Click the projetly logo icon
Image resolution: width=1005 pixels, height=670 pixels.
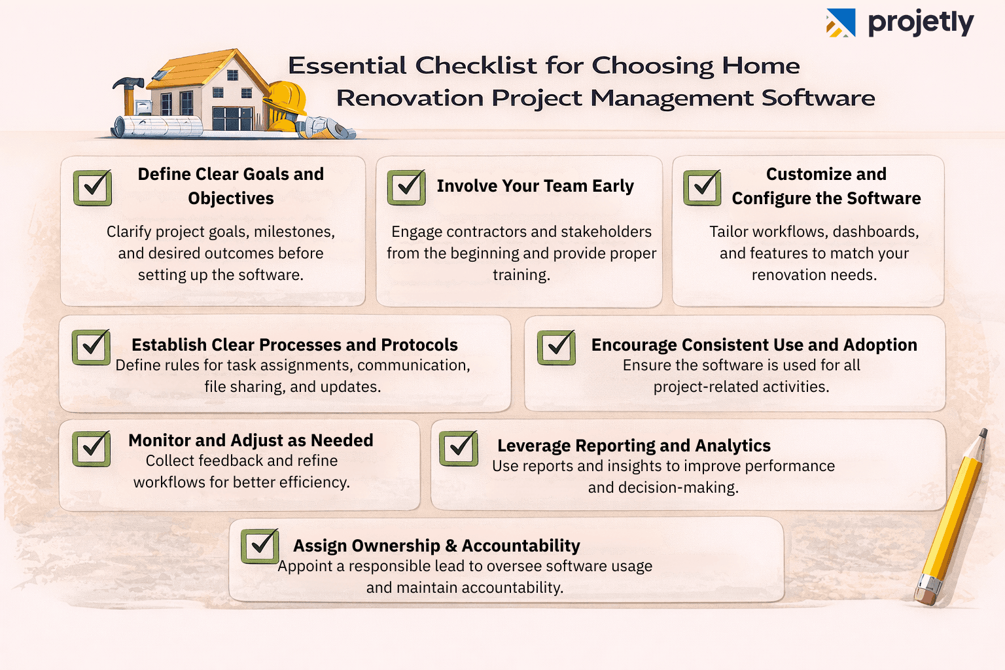841,23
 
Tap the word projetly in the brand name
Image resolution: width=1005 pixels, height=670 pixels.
921,23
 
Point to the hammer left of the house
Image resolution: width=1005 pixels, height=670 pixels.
129,88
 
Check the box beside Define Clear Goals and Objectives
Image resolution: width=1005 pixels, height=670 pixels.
92,188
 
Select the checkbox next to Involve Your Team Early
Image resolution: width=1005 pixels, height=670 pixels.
406,188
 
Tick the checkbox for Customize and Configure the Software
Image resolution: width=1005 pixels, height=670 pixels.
702,188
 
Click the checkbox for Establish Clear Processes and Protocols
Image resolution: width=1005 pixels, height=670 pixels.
91,347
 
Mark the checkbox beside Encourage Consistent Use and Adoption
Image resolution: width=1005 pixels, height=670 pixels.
556,347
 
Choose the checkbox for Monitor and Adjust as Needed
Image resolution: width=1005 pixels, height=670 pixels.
91,448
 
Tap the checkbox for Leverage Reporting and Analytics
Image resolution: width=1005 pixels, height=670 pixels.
459,448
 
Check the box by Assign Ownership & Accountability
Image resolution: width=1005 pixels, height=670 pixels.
260,546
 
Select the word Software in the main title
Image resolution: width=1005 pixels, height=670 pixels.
818,98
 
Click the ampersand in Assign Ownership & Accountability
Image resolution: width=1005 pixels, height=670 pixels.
451,546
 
